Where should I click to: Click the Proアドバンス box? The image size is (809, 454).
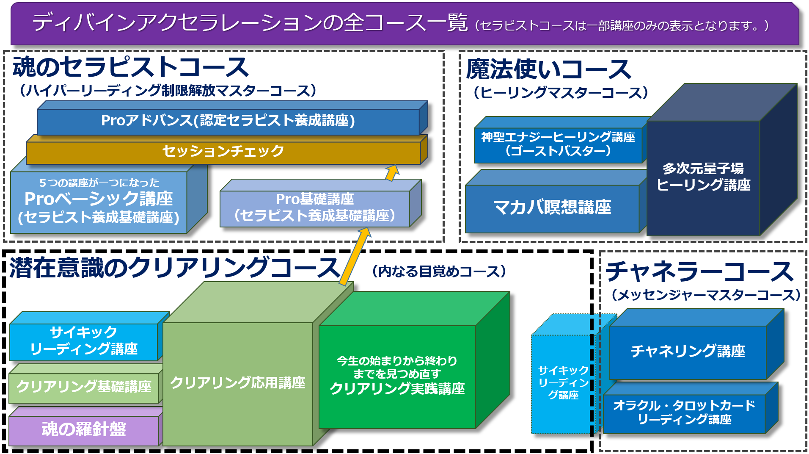coord(232,118)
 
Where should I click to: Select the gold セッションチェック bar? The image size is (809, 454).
coord(227,149)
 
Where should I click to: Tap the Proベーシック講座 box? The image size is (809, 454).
coord(109,199)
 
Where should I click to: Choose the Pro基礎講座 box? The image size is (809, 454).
coord(320,204)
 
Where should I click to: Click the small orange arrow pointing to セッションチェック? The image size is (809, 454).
coord(392,172)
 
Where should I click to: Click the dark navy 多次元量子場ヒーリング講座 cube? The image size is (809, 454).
coord(722,160)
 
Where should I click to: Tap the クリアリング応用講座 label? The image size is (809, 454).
coord(237,383)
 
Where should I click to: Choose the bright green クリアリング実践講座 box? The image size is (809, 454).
coord(414,360)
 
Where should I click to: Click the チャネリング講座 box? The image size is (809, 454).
coord(696,344)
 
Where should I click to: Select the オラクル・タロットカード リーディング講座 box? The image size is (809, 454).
coord(691,408)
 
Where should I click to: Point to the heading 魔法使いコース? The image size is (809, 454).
coord(549,69)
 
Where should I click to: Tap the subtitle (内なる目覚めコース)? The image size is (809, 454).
coord(439,271)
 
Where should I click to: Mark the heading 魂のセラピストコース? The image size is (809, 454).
coord(130,67)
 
